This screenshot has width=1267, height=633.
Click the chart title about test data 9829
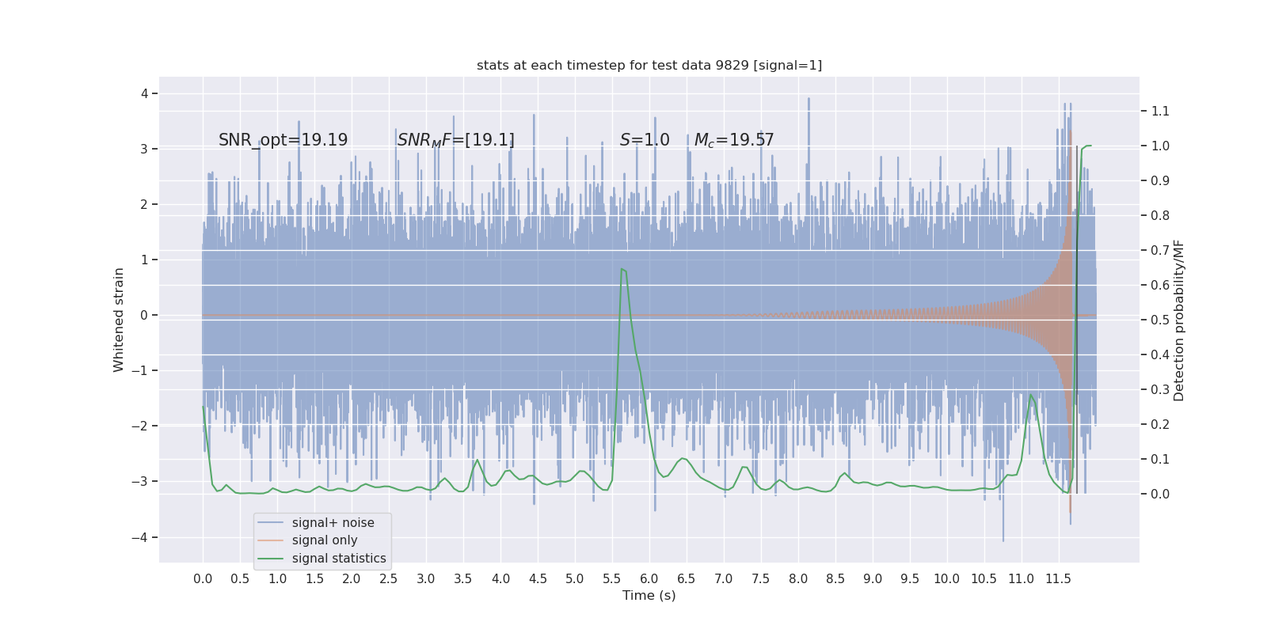(x=649, y=65)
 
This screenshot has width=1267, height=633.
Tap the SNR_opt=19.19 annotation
(x=283, y=140)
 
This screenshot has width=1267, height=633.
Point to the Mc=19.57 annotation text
(x=733, y=140)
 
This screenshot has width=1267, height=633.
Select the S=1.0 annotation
(x=644, y=140)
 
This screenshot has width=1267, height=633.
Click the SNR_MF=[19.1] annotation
(x=455, y=140)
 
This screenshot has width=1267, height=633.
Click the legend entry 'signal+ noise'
(x=333, y=522)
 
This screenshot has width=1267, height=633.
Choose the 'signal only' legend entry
(x=324, y=540)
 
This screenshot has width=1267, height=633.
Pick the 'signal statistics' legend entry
(x=338, y=559)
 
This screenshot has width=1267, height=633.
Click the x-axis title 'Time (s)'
(x=649, y=595)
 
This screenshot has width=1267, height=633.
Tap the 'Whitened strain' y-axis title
(x=119, y=320)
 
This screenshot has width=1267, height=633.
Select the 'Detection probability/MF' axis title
(x=1178, y=320)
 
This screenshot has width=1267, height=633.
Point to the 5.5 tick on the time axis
(x=612, y=578)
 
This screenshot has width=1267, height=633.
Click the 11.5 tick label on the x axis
(x=1058, y=578)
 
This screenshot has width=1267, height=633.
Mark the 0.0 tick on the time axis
(x=203, y=578)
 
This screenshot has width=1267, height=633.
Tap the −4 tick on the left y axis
(x=143, y=537)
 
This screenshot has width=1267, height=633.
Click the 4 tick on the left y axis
(x=145, y=93)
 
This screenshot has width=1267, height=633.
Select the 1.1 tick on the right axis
(x=1160, y=111)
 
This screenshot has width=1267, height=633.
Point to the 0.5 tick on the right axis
(x=1160, y=320)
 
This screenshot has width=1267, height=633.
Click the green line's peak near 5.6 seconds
(x=622, y=269)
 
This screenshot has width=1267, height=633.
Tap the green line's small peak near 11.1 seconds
(x=1030, y=395)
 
